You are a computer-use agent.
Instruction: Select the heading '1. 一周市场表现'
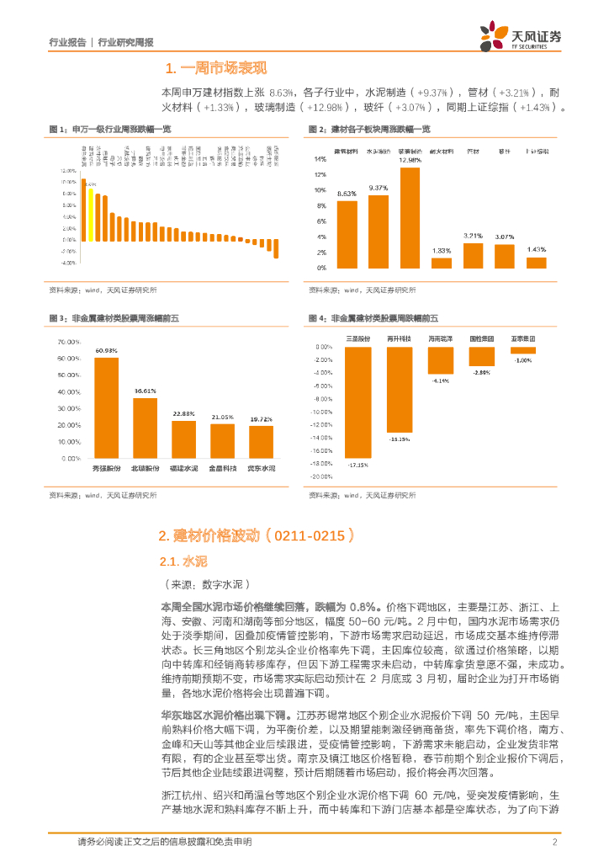(x=216, y=68)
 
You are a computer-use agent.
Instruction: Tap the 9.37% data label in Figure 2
(x=378, y=188)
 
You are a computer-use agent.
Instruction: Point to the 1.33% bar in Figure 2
(x=442, y=263)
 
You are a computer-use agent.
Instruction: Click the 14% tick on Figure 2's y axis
(x=320, y=159)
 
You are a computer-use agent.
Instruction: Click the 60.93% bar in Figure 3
(x=106, y=407)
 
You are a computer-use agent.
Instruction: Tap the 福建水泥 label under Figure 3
(x=184, y=467)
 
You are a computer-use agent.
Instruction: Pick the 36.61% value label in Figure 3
(x=146, y=391)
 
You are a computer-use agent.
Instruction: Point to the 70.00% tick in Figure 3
(x=68, y=343)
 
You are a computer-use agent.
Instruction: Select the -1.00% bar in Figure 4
(x=524, y=350)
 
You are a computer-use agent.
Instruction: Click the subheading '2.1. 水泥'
(x=183, y=561)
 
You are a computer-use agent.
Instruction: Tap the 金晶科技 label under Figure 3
(x=223, y=467)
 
